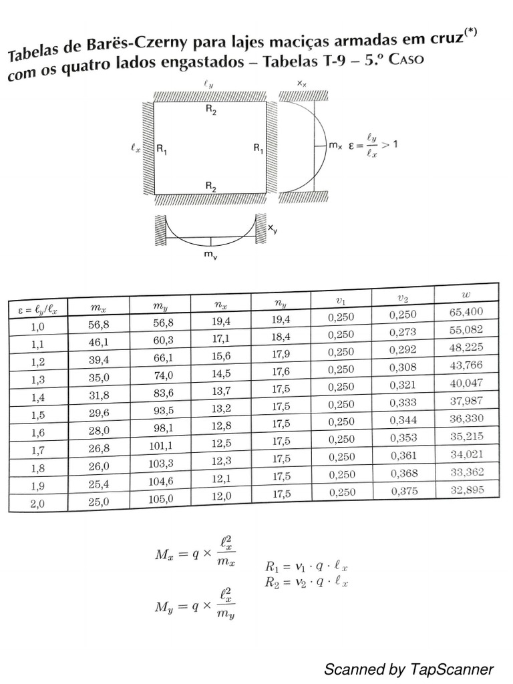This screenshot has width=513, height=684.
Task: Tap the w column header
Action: [x=466, y=295]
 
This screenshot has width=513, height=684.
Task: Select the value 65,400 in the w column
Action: [x=466, y=311]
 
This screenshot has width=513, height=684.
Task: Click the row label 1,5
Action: [x=38, y=414]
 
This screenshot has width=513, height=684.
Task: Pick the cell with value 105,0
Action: [x=160, y=499]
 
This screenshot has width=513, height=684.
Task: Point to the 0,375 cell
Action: [x=404, y=491]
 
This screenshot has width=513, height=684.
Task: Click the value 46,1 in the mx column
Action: [x=99, y=343]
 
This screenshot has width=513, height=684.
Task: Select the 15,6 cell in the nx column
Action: [x=221, y=356]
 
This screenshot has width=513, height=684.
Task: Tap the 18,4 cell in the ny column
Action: [x=281, y=337]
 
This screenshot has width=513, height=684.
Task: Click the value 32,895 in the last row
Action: [x=467, y=490]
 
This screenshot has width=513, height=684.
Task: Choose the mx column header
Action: [x=98, y=307]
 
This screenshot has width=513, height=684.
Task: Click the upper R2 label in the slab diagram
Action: [x=211, y=110]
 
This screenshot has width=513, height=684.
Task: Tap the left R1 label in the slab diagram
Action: [x=162, y=149]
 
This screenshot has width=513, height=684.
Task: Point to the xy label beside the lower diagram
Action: [x=273, y=228]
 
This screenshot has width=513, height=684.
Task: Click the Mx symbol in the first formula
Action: [x=164, y=554]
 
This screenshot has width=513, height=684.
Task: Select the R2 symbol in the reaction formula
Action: [x=272, y=582]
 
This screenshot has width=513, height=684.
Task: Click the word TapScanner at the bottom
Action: [x=452, y=669]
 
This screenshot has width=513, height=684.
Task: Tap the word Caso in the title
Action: [x=405, y=59]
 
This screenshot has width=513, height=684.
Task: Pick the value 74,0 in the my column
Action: [x=163, y=375]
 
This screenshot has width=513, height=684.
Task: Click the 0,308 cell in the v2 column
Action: [x=403, y=367]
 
